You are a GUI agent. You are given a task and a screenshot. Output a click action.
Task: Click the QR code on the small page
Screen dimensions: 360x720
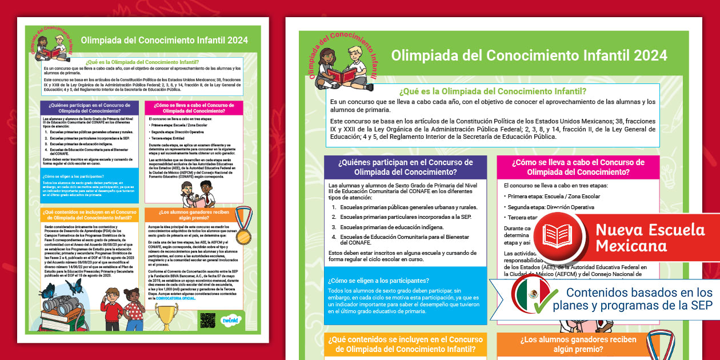click(x=207, y=321)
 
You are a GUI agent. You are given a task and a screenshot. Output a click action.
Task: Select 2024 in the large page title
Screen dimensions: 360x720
click(x=646, y=55)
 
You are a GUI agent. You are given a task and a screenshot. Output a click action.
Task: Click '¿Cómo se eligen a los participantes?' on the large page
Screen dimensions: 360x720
click(x=378, y=281)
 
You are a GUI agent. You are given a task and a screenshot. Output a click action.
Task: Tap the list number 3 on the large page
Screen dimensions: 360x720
click(x=334, y=227)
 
